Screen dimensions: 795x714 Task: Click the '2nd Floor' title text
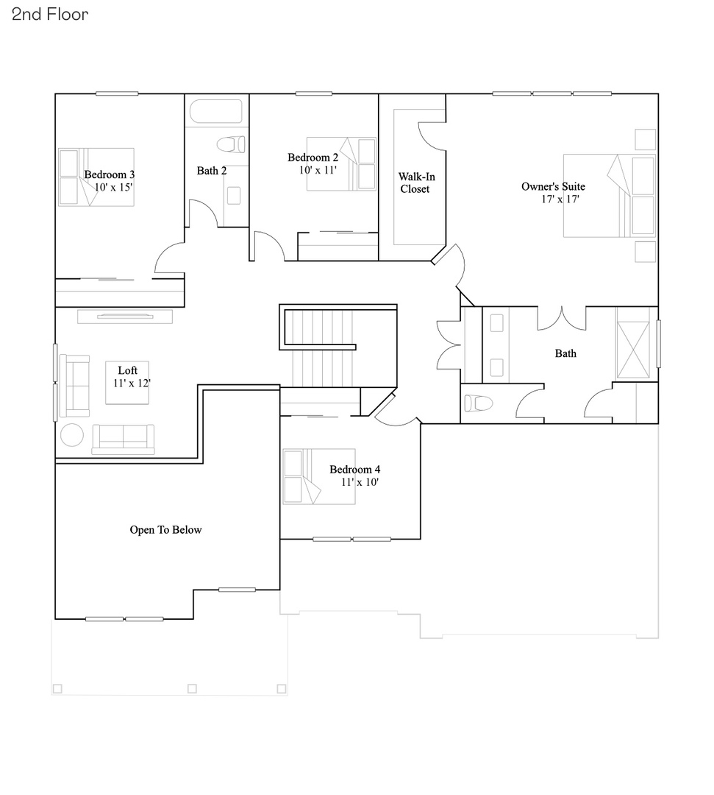pyautogui.click(x=50, y=14)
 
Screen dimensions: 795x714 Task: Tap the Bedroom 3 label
pyautogui.click(x=109, y=174)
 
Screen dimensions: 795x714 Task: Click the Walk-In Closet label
pyautogui.click(x=414, y=183)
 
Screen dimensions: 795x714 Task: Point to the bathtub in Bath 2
pyautogui.click(x=216, y=112)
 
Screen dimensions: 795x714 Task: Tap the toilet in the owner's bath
pyautogui.click(x=479, y=403)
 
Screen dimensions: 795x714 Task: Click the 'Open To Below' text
pyautogui.click(x=165, y=529)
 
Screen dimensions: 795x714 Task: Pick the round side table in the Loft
pyautogui.click(x=72, y=435)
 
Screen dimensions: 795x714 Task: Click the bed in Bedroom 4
pyautogui.click(x=319, y=476)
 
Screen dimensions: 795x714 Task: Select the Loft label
pyautogui.click(x=128, y=370)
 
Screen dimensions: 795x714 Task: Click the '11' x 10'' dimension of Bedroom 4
pyautogui.click(x=360, y=482)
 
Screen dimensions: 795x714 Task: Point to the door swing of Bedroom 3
pyautogui.click(x=168, y=259)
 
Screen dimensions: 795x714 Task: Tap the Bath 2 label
pyautogui.click(x=211, y=171)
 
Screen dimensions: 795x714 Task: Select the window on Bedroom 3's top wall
pyautogui.click(x=117, y=93)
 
